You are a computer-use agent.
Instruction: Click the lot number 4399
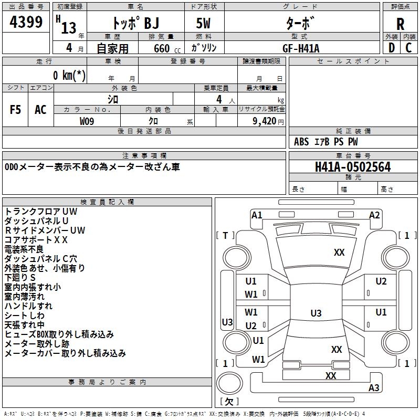tap(26, 22)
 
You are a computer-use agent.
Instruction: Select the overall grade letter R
tap(400, 24)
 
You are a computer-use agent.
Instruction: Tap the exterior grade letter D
tap(392, 48)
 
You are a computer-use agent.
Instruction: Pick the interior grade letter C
tap(408, 48)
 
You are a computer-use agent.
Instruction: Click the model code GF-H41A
tap(301, 48)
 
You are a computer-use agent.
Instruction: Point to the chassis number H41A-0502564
tap(353, 167)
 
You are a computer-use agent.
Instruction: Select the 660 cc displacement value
tap(167, 49)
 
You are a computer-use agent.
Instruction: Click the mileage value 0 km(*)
tap(69, 75)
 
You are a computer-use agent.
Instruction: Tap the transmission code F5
tap(15, 110)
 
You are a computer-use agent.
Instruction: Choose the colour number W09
tap(87, 121)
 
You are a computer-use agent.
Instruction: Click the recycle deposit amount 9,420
tap(265, 121)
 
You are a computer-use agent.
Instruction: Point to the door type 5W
tap(203, 23)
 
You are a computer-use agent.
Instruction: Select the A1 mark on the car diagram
tap(257, 215)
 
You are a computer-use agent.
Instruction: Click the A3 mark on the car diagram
tap(374, 387)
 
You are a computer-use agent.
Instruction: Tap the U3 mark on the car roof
tap(316, 313)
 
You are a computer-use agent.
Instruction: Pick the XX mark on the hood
tap(339, 253)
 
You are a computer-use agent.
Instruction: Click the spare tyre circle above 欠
tap(229, 383)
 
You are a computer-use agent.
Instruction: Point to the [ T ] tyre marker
tap(225, 236)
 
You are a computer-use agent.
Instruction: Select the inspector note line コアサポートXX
tap(36, 240)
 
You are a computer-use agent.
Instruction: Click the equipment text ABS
tap(301, 142)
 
